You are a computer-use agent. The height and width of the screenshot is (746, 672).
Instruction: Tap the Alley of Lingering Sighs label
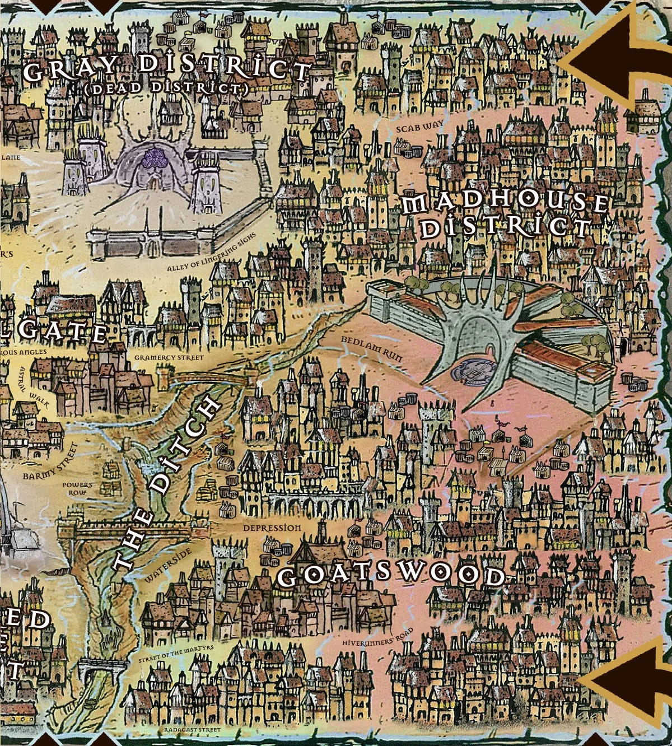pos(212,253)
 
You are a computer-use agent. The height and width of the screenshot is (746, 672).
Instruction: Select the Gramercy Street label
pos(169,357)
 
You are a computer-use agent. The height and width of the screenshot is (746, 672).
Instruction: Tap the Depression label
pos(272,528)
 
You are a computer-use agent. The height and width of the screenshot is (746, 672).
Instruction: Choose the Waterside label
pos(169,565)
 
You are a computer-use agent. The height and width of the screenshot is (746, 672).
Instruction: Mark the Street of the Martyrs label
pos(176,654)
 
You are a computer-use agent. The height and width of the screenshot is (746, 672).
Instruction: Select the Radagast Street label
pos(193,731)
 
